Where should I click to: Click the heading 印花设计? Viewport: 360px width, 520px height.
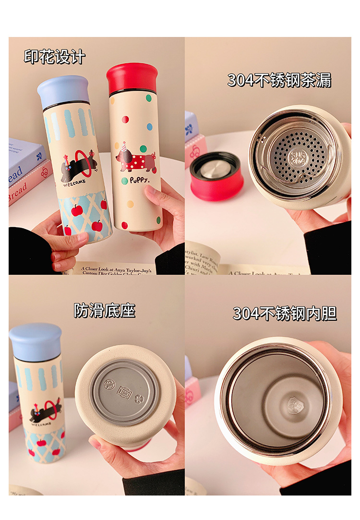pyautogui.click(x=55, y=57)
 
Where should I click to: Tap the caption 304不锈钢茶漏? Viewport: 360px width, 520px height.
pyautogui.click(x=279, y=80)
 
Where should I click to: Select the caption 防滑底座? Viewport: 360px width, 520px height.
pyautogui.click(x=105, y=310)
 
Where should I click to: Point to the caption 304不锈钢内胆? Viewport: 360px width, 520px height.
pyautogui.click(x=285, y=313)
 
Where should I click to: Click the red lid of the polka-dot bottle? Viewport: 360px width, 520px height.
pyautogui.click(x=132, y=77)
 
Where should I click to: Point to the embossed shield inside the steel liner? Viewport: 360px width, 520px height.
pyautogui.click(x=294, y=405)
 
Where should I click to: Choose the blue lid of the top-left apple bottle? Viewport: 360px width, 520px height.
pyautogui.click(x=63, y=91)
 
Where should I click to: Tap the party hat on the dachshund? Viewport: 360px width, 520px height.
pyautogui.click(x=124, y=146)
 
